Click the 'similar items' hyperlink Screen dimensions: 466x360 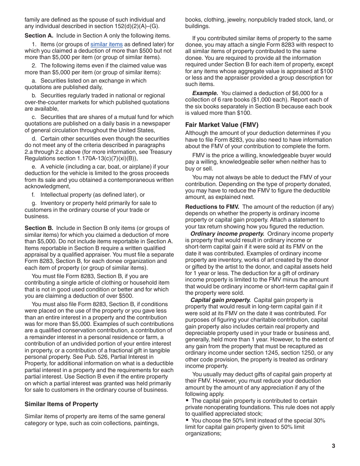(106, 44)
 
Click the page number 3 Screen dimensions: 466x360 (333, 446)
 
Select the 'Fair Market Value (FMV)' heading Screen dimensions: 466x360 (222, 125)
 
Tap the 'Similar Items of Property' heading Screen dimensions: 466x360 (61, 404)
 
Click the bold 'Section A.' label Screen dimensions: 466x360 (39, 36)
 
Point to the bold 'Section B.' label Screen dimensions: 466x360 (39, 228)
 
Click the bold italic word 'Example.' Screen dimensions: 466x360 (205, 93)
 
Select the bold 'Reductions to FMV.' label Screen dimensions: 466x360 (212, 207)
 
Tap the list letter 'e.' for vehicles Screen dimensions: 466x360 (34, 167)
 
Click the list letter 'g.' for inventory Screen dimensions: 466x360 (34, 203)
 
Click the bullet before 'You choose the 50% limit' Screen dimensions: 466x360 (187, 420)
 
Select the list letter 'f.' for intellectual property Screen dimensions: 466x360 (34, 195)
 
